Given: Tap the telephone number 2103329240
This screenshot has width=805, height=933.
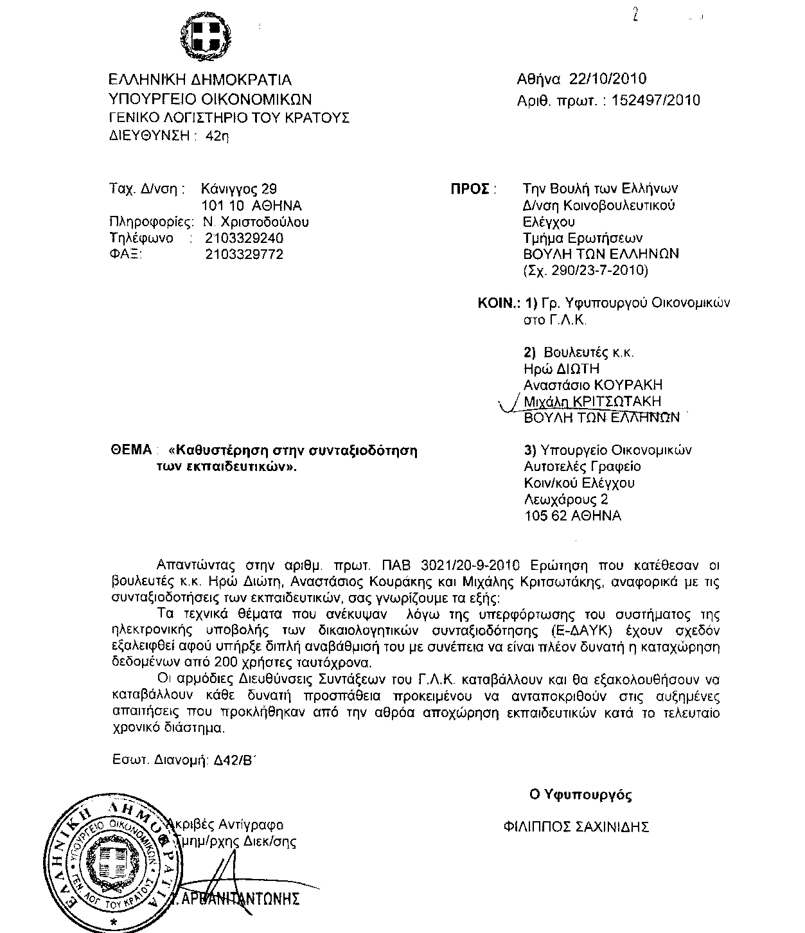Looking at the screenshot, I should click(244, 238).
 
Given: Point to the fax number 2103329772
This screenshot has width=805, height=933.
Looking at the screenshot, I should click(244, 254).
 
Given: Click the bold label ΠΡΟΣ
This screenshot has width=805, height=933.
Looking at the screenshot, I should click(472, 190).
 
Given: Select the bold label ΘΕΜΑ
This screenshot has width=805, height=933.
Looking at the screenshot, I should click(131, 450).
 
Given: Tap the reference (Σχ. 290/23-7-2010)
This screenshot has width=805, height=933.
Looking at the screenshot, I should click(586, 271).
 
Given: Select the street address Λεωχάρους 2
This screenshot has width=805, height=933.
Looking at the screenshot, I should click(566, 499).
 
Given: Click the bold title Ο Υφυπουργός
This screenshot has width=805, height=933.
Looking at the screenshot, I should click(580, 795).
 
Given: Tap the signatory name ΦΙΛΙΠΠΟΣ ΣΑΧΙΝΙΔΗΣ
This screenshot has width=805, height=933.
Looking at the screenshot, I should click(576, 827).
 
